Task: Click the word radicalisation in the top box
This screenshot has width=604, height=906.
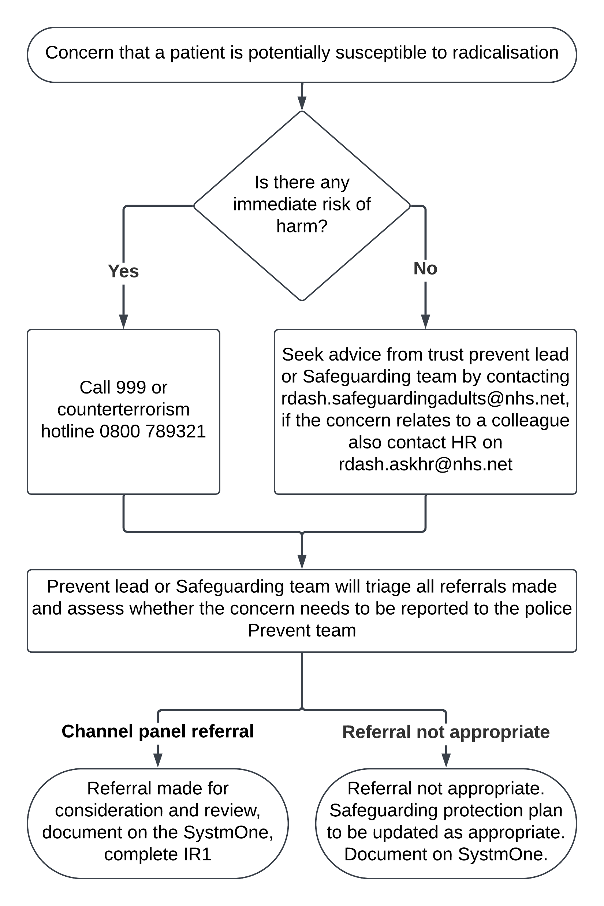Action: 506,53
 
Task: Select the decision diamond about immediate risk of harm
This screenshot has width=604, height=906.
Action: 302,206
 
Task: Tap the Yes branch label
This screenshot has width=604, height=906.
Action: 123,271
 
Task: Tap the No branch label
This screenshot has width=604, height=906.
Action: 425,268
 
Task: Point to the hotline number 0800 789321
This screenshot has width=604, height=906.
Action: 153,432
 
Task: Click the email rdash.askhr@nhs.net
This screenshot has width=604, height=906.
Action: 425,464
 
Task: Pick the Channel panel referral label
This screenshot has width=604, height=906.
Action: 158,731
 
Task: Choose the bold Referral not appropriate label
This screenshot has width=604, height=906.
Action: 446,732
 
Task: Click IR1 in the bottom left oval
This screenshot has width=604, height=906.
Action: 197,854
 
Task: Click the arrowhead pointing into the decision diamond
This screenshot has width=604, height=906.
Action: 302,104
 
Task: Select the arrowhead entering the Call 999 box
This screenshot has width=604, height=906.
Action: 123,322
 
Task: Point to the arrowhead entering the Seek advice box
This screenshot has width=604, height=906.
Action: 425,322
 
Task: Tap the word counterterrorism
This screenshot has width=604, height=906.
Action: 123,410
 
